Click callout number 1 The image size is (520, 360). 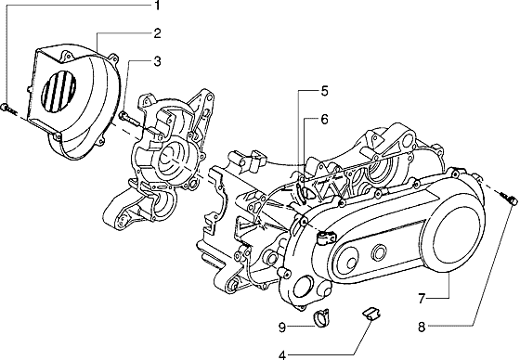click(157, 5)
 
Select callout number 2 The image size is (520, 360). click(157, 33)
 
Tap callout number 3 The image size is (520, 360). click(157, 61)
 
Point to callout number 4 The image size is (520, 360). click(282, 355)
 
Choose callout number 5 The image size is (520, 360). click(324, 91)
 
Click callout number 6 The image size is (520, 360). click(324, 119)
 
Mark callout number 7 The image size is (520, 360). click(422, 299)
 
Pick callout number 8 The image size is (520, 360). click(422, 328)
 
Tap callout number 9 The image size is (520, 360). click(282, 328)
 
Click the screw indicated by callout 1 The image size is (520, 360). click(8, 109)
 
